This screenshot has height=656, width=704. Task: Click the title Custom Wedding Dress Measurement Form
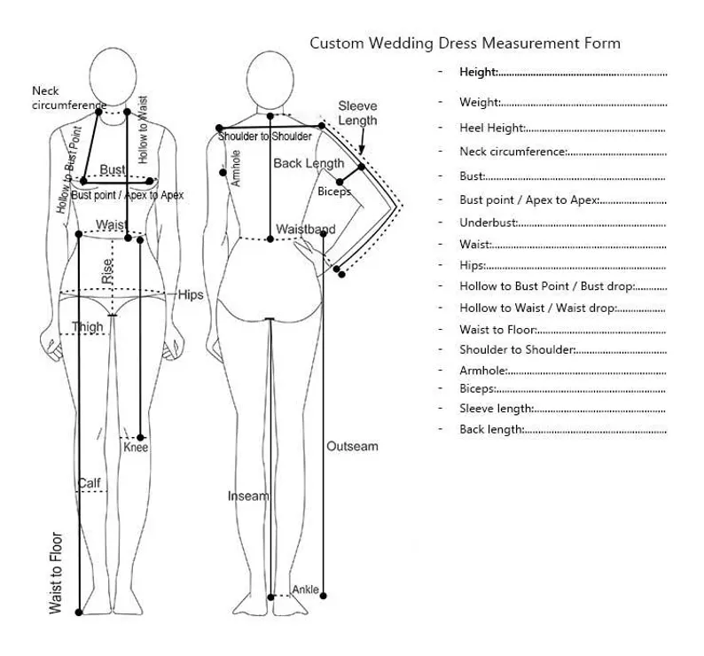pyautogui.click(x=464, y=43)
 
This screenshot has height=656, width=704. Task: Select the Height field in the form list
pyautogui.click(x=479, y=72)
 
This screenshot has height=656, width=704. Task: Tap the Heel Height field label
pyautogui.click(x=492, y=128)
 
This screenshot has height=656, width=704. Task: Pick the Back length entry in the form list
pyautogui.click(x=491, y=429)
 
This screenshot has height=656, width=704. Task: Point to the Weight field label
pyautogui.click(x=480, y=102)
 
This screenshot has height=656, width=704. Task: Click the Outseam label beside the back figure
pyautogui.click(x=352, y=446)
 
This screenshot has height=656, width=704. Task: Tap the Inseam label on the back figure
pyautogui.click(x=247, y=496)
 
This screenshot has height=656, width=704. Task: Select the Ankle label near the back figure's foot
pyautogui.click(x=305, y=590)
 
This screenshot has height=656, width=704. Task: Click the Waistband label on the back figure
pyautogui.click(x=305, y=230)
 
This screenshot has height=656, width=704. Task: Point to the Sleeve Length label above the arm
pyautogui.click(x=357, y=113)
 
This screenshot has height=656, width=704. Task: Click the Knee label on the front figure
pyautogui.click(x=136, y=448)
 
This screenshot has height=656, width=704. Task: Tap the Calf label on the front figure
pyautogui.click(x=89, y=483)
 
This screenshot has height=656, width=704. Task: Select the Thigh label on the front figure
pyautogui.click(x=88, y=327)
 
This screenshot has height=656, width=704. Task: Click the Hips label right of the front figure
pyautogui.click(x=192, y=294)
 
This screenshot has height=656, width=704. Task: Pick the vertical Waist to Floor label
pyautogui.click(x=57, y=573)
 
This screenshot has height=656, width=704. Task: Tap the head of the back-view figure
pyautogui.click(x=267, y=77)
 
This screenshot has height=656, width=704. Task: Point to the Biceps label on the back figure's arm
pyautogui.click(x=334, y=191)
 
